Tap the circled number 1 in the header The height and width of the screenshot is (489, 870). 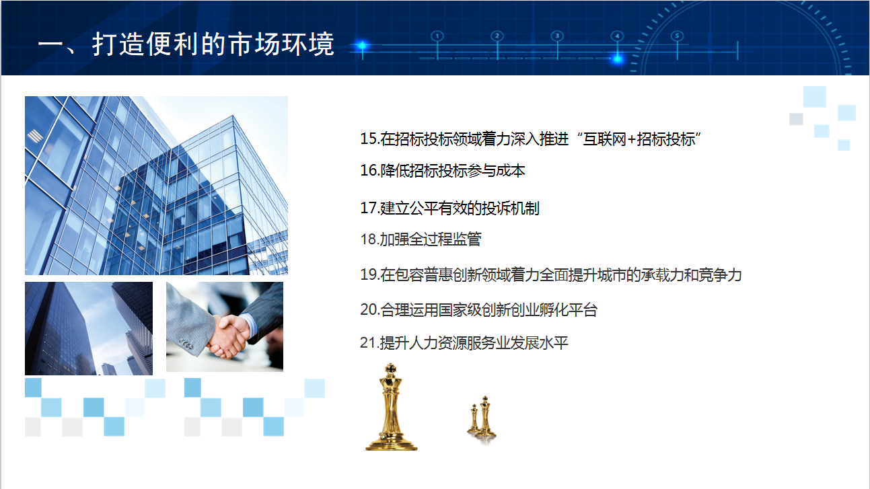click(x=437, y=36)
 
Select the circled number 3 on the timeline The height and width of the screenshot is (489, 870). click(x=557, y=36)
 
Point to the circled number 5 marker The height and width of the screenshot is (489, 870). click(x=678, y=36)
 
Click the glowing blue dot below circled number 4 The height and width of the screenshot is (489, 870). click(x=617, y=59)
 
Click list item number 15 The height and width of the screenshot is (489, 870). click(x=530, y=139)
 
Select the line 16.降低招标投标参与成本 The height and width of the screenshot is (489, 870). click(x=442, y=170)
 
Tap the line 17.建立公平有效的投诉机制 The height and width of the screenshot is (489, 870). click(x=449, y=209)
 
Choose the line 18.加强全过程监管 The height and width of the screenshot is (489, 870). click(x=421, y=239)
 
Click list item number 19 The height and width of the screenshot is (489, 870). click(x=551, y=274)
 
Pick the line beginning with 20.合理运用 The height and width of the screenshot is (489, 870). click(x=478, y=309)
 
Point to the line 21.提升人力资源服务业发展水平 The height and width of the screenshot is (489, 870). click(x=464, y=342)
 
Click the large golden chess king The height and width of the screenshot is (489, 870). click(x=391, y=407)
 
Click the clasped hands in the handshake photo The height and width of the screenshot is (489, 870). click(x=229, y=336)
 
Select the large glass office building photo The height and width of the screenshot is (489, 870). click(x=156, y=186)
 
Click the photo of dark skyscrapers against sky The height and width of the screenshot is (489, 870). click(x=89, y=329)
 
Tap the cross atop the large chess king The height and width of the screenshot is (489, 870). click(x=391, y=367)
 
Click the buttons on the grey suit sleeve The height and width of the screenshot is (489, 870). click(x=186, y=344)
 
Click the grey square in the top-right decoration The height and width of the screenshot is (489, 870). click(x=796, y=119)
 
